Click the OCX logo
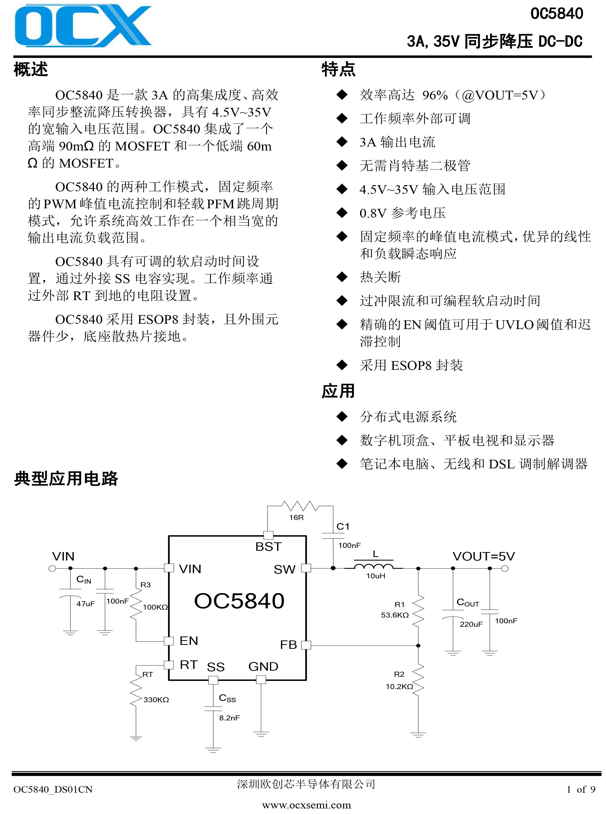[x=83, y=26]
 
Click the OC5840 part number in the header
[x=557, y=14]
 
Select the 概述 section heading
[x=31, y=69]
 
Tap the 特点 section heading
[x=338, y=69]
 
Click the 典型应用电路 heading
[x=66, y=478]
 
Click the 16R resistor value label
[x=296, y=517]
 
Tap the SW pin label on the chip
[x=284, y=569]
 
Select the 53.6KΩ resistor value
[x=395, y=615]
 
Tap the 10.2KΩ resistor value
[x=399, y=686]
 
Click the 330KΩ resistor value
[x=156, y=700]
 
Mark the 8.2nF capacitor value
[x=230, y=718]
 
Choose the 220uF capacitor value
[x=471, y=624]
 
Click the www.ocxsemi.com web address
[x=307, y=805]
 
